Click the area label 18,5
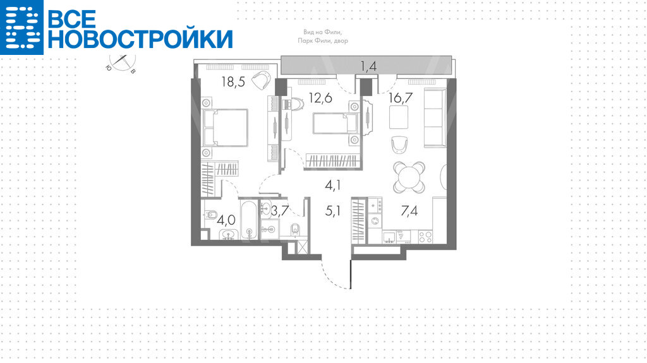233,81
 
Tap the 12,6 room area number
320,98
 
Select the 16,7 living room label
401,98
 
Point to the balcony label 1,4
368,66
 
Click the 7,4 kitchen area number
409,211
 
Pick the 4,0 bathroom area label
226,220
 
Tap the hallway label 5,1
332,211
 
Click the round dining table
409,177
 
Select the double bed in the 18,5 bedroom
225,128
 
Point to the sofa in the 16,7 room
435,117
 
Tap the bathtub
249,219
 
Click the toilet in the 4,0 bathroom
211,215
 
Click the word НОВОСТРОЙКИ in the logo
141,39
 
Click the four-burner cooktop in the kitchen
425,236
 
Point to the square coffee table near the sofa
399,117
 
